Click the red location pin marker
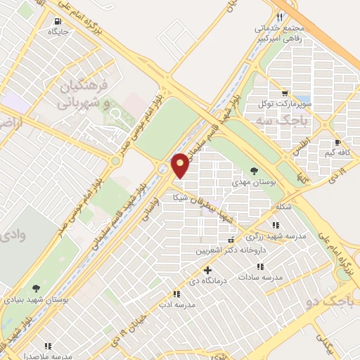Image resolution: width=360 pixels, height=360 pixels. (181, 165)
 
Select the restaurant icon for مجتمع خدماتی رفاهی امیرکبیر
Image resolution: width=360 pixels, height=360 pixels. (280, 17)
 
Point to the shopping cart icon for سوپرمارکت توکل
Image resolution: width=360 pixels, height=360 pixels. (284, 93)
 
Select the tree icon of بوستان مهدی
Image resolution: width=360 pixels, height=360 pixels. (254, 170)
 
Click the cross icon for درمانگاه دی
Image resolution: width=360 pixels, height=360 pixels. (207, 270)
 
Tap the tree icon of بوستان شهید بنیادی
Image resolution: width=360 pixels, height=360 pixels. (35, 288)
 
